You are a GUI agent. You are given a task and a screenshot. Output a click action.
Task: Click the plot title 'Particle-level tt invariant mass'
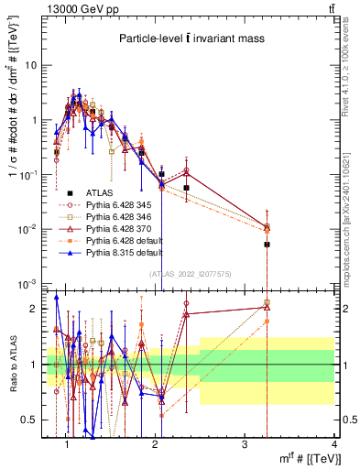click(x=191, y=39)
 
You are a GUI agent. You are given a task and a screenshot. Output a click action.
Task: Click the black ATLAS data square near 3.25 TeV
click(x=267, y=245)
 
